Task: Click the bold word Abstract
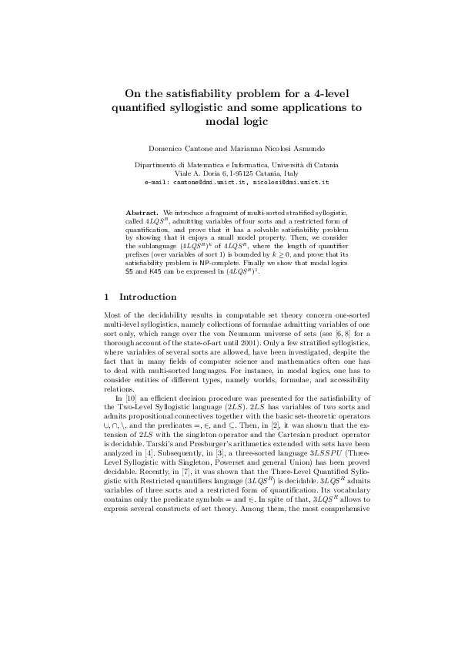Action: point(142,210)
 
